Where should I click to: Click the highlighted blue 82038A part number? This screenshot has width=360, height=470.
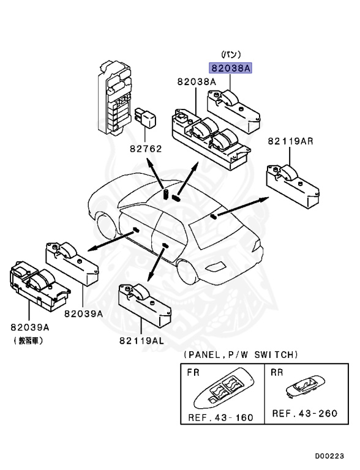pyautogui.click(x=231, y=69)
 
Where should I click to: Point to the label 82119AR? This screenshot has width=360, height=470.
pyautogui.click(x=290, y=141)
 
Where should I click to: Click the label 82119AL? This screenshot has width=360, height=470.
pyautogui.click(x=141, y=341)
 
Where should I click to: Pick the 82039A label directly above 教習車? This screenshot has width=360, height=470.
pyautogui.click(x=31, y=327)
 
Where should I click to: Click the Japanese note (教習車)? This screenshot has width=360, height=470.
pyautogui.click(x=28, y=340)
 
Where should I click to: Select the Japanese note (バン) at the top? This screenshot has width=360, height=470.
pyautogui.click(x=231, y=55)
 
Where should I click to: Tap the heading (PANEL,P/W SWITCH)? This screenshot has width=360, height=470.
pyautogui.click(x=239, y=355)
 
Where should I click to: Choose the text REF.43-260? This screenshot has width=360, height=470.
pyautogui.click(x=304, y=413)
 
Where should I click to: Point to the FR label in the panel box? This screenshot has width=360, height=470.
pyautogui.click(x=191, y=372)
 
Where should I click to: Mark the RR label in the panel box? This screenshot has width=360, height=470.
pyautogui.click(x=277, y=371)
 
